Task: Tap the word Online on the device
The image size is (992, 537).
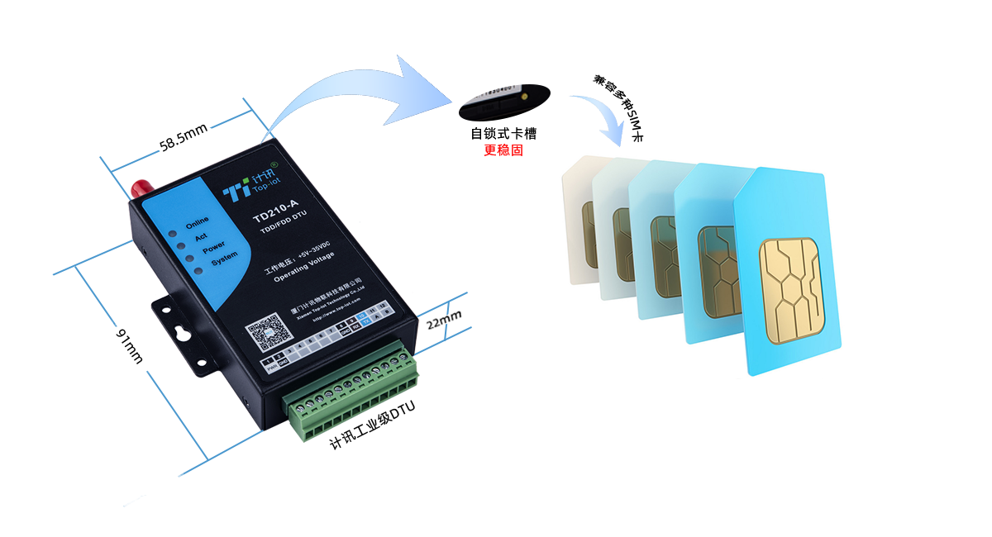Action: [197, 222]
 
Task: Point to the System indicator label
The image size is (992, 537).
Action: [224, 259]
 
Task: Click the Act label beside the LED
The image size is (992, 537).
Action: [201, 235]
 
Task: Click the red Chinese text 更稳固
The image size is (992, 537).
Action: [503, 150]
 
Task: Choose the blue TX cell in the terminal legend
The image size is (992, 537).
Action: [366, 321]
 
